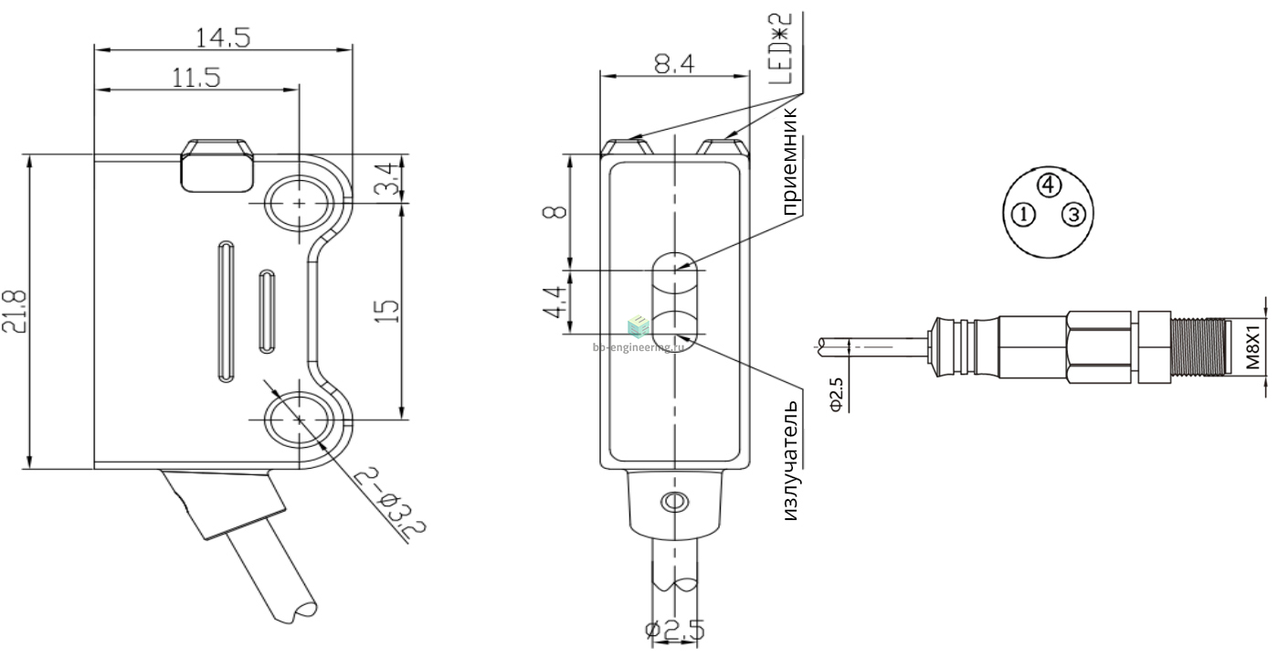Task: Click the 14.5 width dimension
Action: [x=223, y=37]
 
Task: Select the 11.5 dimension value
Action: [x=195, y=78]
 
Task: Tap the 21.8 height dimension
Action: [x=14, y=311]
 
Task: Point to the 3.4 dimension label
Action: [x=389, y=178]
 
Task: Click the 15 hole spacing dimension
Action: [x=389, y=311]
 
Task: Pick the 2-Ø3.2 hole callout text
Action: [x=389, y=503]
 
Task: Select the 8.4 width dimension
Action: [x=674, y=63]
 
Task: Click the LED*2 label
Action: [x=780, y=49]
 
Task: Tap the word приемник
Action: [x=790, y=161]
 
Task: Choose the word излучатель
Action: [x=790, y=460]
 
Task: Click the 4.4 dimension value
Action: [x=555, y=302]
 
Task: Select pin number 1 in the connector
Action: [x=1023, y=215]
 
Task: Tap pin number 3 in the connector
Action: [x=1074, y=215]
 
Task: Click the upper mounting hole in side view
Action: [x=299, y=203]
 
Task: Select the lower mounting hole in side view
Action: [x=299, y=420]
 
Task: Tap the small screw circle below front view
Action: [x=674, y=502]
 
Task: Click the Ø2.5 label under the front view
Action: [x=675, y=631]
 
